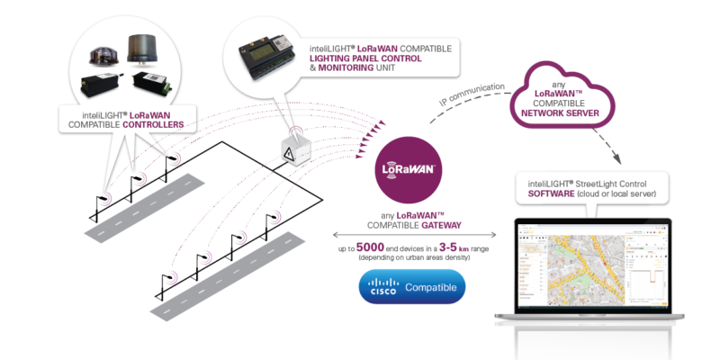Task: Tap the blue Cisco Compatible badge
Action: click(412, 288)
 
